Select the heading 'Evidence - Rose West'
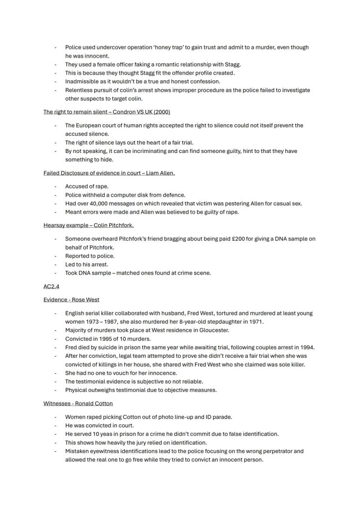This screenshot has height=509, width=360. coord(71,299)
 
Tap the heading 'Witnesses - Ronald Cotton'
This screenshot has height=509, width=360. coord(78,403)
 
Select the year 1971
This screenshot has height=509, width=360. coord(256,322)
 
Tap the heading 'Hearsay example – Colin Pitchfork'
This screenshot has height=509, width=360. coord(88,225)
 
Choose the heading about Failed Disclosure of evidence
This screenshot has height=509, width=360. coord(109,173)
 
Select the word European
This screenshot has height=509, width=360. coord(89,125)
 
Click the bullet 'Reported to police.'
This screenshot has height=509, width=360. coord(90,256)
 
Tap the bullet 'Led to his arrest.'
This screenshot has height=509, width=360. coord(87,264)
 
